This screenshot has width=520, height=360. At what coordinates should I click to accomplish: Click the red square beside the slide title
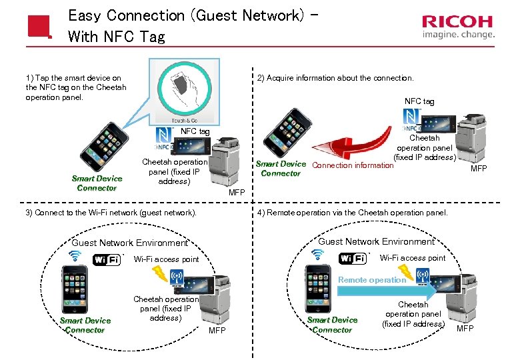[x=39, y=26]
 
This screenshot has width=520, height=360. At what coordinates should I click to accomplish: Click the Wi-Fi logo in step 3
[x=107, y=259]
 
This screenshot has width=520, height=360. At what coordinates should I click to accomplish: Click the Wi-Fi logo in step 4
[x=353, y=258]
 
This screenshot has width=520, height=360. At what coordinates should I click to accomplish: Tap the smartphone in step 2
[x=287, y=133]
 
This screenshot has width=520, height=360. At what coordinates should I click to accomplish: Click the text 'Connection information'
[x=353, y=165]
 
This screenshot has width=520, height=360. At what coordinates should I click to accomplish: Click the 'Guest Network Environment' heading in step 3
[x=129, y=243]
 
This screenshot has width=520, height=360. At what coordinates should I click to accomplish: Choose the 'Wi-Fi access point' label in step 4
[x=412, y=258]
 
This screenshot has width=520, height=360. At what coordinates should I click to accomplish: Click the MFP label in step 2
[x=479, y=169]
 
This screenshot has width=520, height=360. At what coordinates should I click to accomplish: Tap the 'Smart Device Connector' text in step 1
[x=97, y=183]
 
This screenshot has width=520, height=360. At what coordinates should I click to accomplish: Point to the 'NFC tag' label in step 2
[x=419, y=101]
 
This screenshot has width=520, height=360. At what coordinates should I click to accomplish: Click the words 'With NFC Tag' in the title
[x=116, y=37]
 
